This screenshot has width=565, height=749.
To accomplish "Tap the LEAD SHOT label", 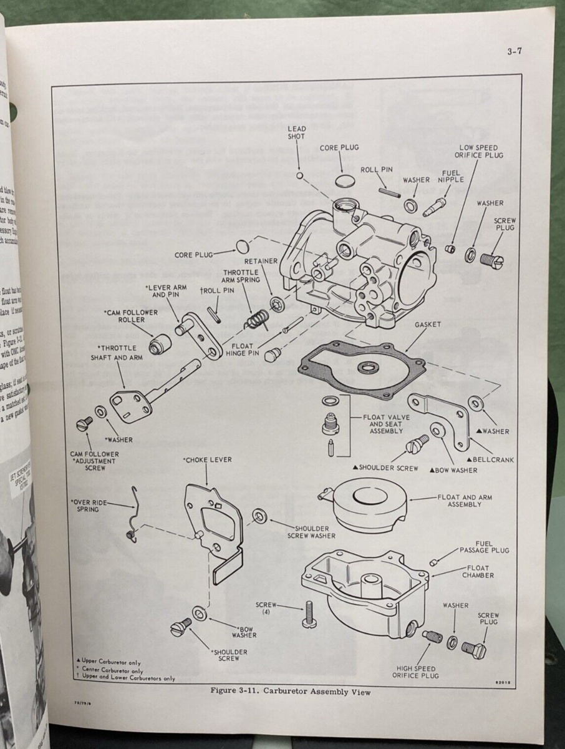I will coord(297,132).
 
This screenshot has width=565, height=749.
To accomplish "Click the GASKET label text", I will coord(427,325).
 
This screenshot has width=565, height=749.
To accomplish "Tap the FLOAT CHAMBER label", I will coord(478,571).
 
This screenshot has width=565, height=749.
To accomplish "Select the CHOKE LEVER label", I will coord(207,460).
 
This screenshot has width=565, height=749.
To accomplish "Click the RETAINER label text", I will coord(261,263).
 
